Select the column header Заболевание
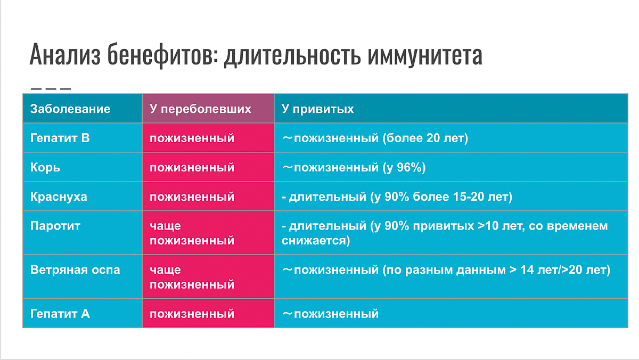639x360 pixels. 70,109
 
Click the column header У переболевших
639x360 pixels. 200,109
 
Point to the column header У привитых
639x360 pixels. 318,109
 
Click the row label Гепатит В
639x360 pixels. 60,138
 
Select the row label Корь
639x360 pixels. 45,168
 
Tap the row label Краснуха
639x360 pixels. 59,197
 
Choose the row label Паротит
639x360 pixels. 55,226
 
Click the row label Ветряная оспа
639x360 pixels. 75,270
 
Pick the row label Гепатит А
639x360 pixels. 60,314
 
